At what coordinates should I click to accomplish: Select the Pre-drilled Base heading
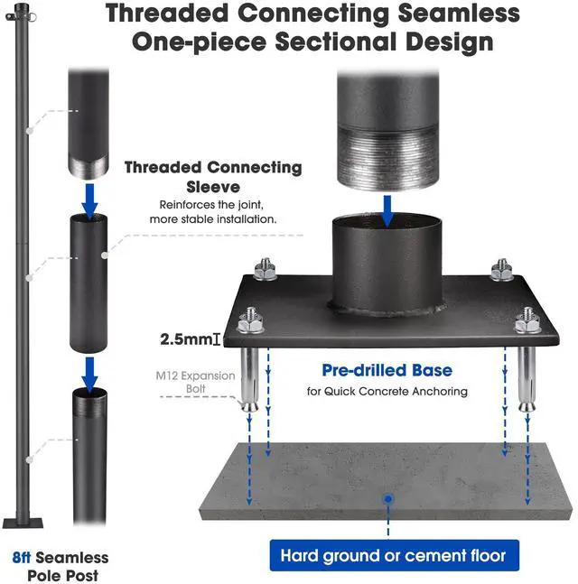coord(387,370)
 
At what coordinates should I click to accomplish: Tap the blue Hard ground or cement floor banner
coord(393,555)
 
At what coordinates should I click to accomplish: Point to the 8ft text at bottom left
coord(25,559)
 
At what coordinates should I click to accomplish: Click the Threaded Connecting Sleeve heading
coord(213,177)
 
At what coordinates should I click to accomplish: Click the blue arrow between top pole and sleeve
coord(89,199)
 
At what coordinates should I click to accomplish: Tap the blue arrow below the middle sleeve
coord(89,368)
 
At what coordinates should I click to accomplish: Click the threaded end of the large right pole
coord(387,153)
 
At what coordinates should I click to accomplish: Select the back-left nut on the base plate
coord(266,270)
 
